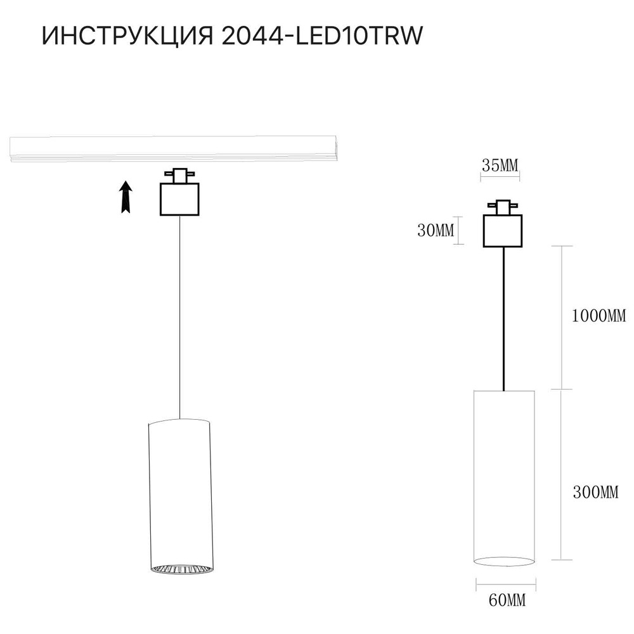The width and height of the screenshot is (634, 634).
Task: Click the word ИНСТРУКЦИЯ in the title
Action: (x=127, y=37)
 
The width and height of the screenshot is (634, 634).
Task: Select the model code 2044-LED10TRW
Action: (x=322, y=37)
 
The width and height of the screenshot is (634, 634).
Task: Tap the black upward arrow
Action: (x=126, y=196)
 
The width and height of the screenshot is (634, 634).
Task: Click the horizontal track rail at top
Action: (x=174, y=148)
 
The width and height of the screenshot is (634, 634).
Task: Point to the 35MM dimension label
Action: (x=500, y=166)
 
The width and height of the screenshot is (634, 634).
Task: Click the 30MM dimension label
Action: (x=436, y=231)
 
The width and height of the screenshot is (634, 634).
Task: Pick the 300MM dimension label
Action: (x=594, y=492)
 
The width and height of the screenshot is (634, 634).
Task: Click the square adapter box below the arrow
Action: (x=179, y=200)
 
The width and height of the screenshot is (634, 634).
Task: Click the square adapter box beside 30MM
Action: (x=503, y=231)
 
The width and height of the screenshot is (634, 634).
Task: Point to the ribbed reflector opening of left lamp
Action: (x=180, y=569)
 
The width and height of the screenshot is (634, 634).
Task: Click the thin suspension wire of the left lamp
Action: (x=180, y=317)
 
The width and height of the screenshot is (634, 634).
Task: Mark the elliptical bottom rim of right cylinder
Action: (x=504, y=561)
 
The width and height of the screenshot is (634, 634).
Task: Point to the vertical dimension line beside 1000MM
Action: (x=561, y=317)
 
